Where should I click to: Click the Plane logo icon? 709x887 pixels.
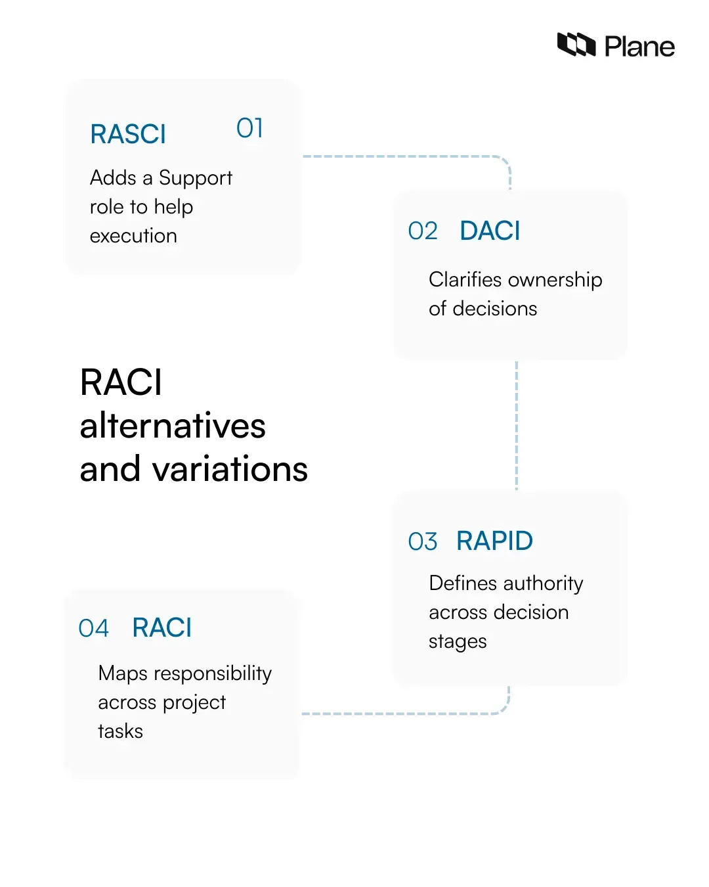click(x=576, y=45)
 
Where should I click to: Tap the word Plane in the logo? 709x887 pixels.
click(x=639, y=47)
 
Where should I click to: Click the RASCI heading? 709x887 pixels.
click(x=128, y=134)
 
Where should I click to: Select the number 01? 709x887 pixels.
click(x=249, y=128)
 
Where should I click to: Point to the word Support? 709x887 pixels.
click(x=196, y=178)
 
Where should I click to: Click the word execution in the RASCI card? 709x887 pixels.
click(x=133, y=236)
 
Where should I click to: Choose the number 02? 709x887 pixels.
click(x=422, y=231)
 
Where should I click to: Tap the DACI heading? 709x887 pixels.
click(x=490, y=231)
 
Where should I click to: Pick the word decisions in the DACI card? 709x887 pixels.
click(x=495, y=309)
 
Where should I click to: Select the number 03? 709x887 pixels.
click(x=422, y=542)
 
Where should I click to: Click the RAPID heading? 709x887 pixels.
click(x=494, y=541)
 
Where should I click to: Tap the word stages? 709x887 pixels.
click(x=458, y=642)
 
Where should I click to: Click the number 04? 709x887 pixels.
click(x=93, y=629)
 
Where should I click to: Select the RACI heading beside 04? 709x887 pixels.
click(x=161, y=628)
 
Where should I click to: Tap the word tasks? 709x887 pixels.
click(x=120, y=731)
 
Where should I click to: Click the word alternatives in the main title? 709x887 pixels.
click(x=173, y=426)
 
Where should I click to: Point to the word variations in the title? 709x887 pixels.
click(x=230, y=469)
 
